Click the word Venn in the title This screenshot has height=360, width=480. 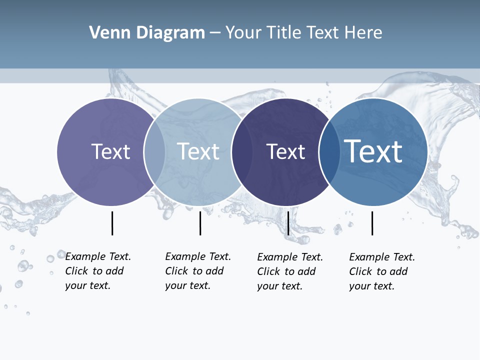pyautogui.click(x=104, y=33)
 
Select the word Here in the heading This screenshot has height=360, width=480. pyautogui.click(x=363, y=33)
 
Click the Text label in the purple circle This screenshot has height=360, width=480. pyautogui.click(x=110, y=151)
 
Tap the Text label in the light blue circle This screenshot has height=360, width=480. pyautogui.click(x=198, y=151)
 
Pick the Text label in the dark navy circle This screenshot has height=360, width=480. pyautogui.click(x=285, y=151)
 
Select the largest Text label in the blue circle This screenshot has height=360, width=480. pyautogui.click(x=373, y=151)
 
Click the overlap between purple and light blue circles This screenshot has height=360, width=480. pyautogui.click(x=154, y=152)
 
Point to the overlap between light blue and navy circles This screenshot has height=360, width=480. pyautogui.click(x=242, y=152)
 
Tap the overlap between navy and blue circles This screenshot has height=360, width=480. pyautogui.click(x=329, y=152)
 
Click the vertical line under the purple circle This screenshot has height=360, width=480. pyautogui.click(x=112, y=223)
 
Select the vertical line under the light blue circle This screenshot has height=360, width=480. pyautogui.click(x=200, y=223)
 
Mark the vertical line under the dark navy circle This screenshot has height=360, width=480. pyautogui.click(x=288, y=223)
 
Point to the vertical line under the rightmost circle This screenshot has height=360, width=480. pyautogui.click(x=372, y=223)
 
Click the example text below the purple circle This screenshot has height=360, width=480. pyautogui.click(x=98, y=271)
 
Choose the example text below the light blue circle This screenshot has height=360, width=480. pyautogui.click(x=198, y=271)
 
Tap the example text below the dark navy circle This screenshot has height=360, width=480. pyautogui.click(x=290, y=271)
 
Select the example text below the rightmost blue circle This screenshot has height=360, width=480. pyautogui.click(x=382, y=271)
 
